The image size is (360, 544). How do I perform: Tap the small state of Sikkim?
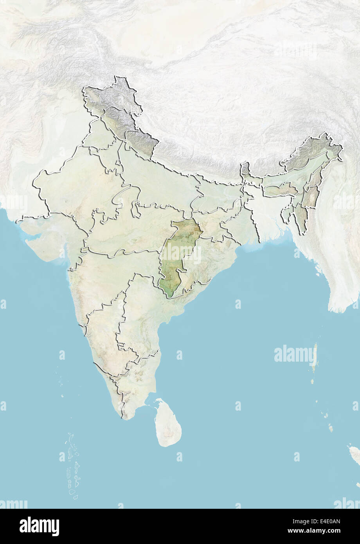pyautogui.click(x=245, y=169)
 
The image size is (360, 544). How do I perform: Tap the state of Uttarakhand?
pyautogui.click(x=142, y=142)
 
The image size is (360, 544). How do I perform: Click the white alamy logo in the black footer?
pyautogui.click(x=39, y=526)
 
